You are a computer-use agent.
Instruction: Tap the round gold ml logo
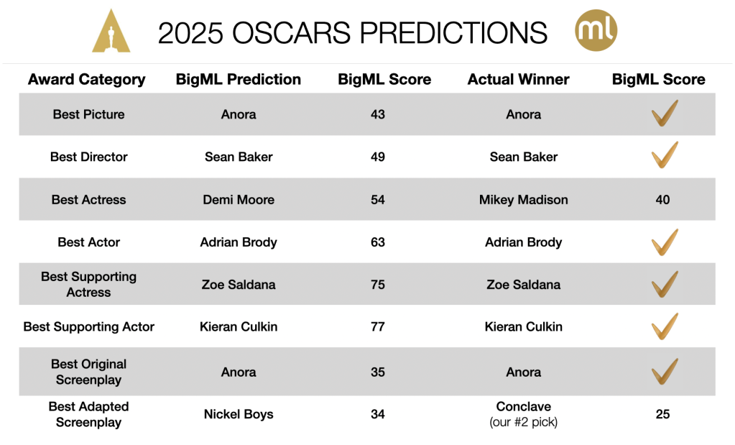596,30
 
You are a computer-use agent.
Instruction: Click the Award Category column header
87,79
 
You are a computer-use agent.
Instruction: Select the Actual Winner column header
519,79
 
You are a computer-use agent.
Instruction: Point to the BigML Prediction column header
238,79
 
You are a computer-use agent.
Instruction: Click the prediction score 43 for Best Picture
378,114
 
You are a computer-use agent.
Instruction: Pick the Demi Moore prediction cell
239,200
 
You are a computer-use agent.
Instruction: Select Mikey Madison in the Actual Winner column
524,200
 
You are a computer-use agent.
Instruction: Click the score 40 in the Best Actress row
662,200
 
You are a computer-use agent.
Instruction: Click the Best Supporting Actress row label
88,284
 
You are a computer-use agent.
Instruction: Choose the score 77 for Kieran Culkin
378,327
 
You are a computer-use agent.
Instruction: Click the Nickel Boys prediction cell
239,415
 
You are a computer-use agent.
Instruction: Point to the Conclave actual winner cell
524,414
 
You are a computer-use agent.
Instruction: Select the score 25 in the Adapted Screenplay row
662,415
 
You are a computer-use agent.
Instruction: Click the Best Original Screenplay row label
88,372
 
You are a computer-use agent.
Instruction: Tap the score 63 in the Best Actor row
378,242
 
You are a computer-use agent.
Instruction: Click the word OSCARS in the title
291,33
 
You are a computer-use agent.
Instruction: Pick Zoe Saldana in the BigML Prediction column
239,285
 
